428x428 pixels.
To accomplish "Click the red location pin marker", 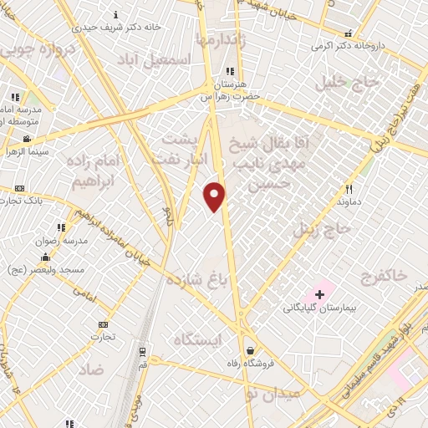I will pos(215,196).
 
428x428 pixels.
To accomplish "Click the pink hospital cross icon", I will pos(319,294).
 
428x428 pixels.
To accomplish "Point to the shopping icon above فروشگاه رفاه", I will pos(249,351).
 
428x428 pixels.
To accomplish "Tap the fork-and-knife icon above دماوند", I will pos(349,189).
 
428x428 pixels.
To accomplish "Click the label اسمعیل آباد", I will pos(154,60).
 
